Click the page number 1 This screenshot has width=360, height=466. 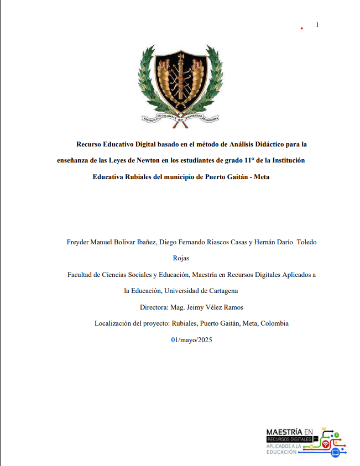(317, 24)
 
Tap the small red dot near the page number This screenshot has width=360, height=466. (301, 28)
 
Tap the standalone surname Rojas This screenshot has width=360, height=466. (181, 258)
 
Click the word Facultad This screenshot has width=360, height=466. (81, 274)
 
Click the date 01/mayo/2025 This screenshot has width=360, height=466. (191, 339)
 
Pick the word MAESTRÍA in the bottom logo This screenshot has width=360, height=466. (284, 431)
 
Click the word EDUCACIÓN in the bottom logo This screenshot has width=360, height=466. (281, 452)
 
